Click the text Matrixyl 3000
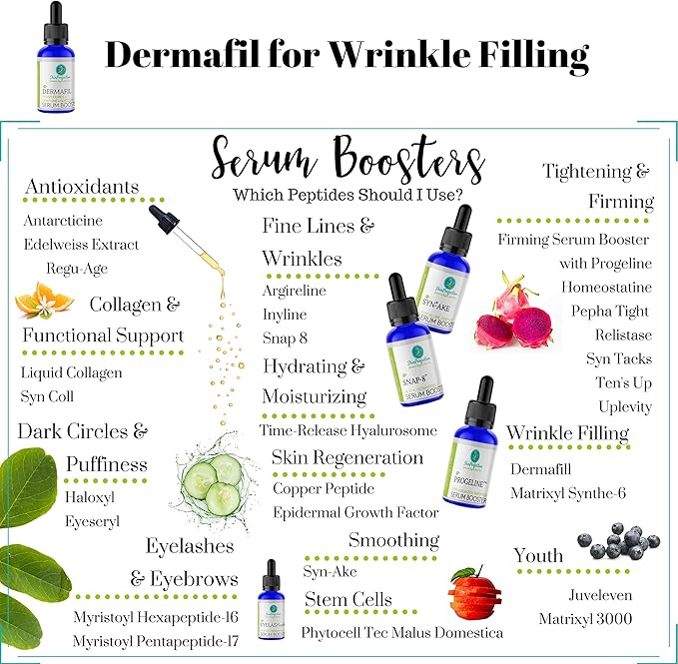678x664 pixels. tap(585, 619)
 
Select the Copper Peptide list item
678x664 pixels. tap(324, 489)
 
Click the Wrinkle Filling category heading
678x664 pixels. tap(567, 432)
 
